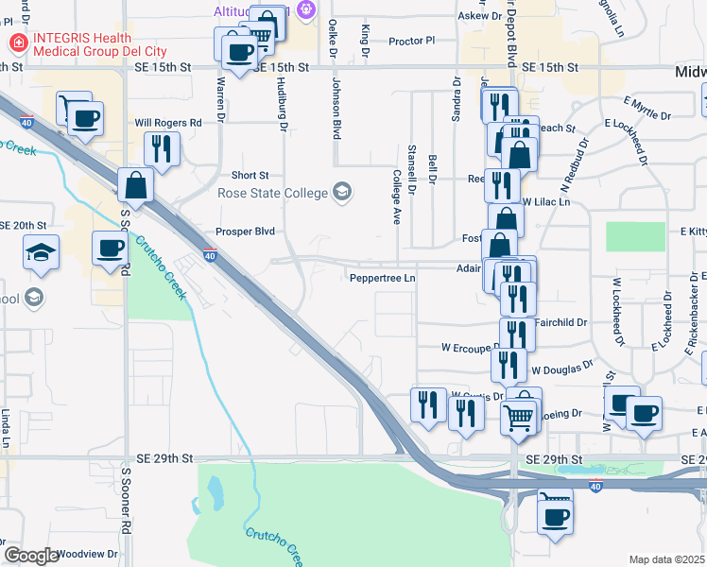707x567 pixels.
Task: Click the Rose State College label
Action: tap(272, 193)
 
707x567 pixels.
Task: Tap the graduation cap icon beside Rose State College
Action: tap(342, 193)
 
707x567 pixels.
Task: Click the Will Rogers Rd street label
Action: tap(168, 123)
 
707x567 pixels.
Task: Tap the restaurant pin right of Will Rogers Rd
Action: tap(160, 148)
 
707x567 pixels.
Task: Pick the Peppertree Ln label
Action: tap(382, 279)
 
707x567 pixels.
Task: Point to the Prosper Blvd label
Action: tap(244, 232)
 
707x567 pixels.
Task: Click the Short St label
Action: tap(250, 176)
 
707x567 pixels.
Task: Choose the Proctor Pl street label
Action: tap(411, 41)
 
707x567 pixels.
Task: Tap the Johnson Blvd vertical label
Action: tap(335, 109)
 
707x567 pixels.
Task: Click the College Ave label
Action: tap(397, 196)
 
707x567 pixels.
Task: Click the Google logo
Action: tap(31, 555)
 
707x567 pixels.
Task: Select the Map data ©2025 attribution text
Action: tap(666, 559)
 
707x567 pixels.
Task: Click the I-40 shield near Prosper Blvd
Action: tap(210, 255)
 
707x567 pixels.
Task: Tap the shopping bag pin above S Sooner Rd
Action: tap(136, 186)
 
